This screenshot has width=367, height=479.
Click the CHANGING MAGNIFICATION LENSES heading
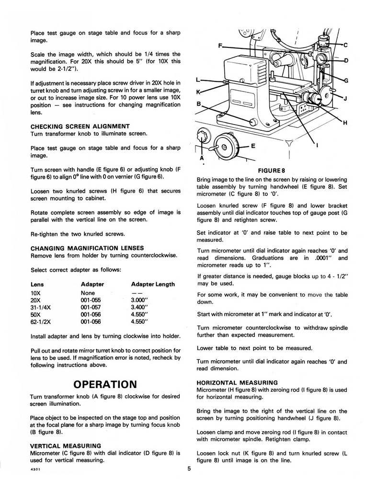pos(87,248)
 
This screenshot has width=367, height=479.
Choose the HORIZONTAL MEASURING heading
pos(238,383)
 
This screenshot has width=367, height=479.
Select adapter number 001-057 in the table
pos(91,309)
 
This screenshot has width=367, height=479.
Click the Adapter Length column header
pos(153,284)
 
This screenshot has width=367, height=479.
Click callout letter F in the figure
pos(219,46)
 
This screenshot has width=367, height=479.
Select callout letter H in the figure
pos(344,123)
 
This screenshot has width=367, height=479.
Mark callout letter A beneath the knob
pos(202,158)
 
